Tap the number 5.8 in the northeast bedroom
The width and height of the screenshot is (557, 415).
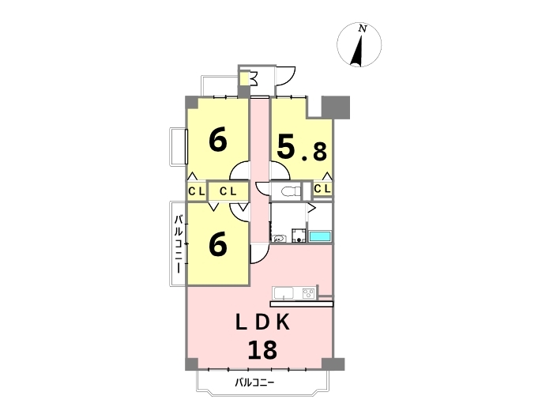coord(301,147)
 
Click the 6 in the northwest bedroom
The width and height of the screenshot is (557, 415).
coord(218,140)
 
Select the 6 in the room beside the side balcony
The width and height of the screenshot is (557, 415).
coord(217,244)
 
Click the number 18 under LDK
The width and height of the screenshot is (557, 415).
coord(262,349)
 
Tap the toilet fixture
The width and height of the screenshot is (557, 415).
coord(288,191)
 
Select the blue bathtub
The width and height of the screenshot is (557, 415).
coord(320,236)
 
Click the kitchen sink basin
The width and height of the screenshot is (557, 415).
coord(284,294)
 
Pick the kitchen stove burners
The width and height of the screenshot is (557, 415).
coord(307,294)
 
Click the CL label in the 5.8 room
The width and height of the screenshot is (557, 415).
coord(322,190)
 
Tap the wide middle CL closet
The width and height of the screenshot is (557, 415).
coord(228,191)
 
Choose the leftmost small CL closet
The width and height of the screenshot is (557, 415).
coord(196,191)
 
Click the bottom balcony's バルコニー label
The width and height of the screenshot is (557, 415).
coord(254,383)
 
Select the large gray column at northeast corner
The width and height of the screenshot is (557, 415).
coord(335,107)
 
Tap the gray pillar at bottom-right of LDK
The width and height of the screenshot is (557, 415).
coord(333,364)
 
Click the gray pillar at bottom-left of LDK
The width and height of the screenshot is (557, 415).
coord(192,364)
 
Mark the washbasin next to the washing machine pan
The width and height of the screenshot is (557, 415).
coord(278,238)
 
